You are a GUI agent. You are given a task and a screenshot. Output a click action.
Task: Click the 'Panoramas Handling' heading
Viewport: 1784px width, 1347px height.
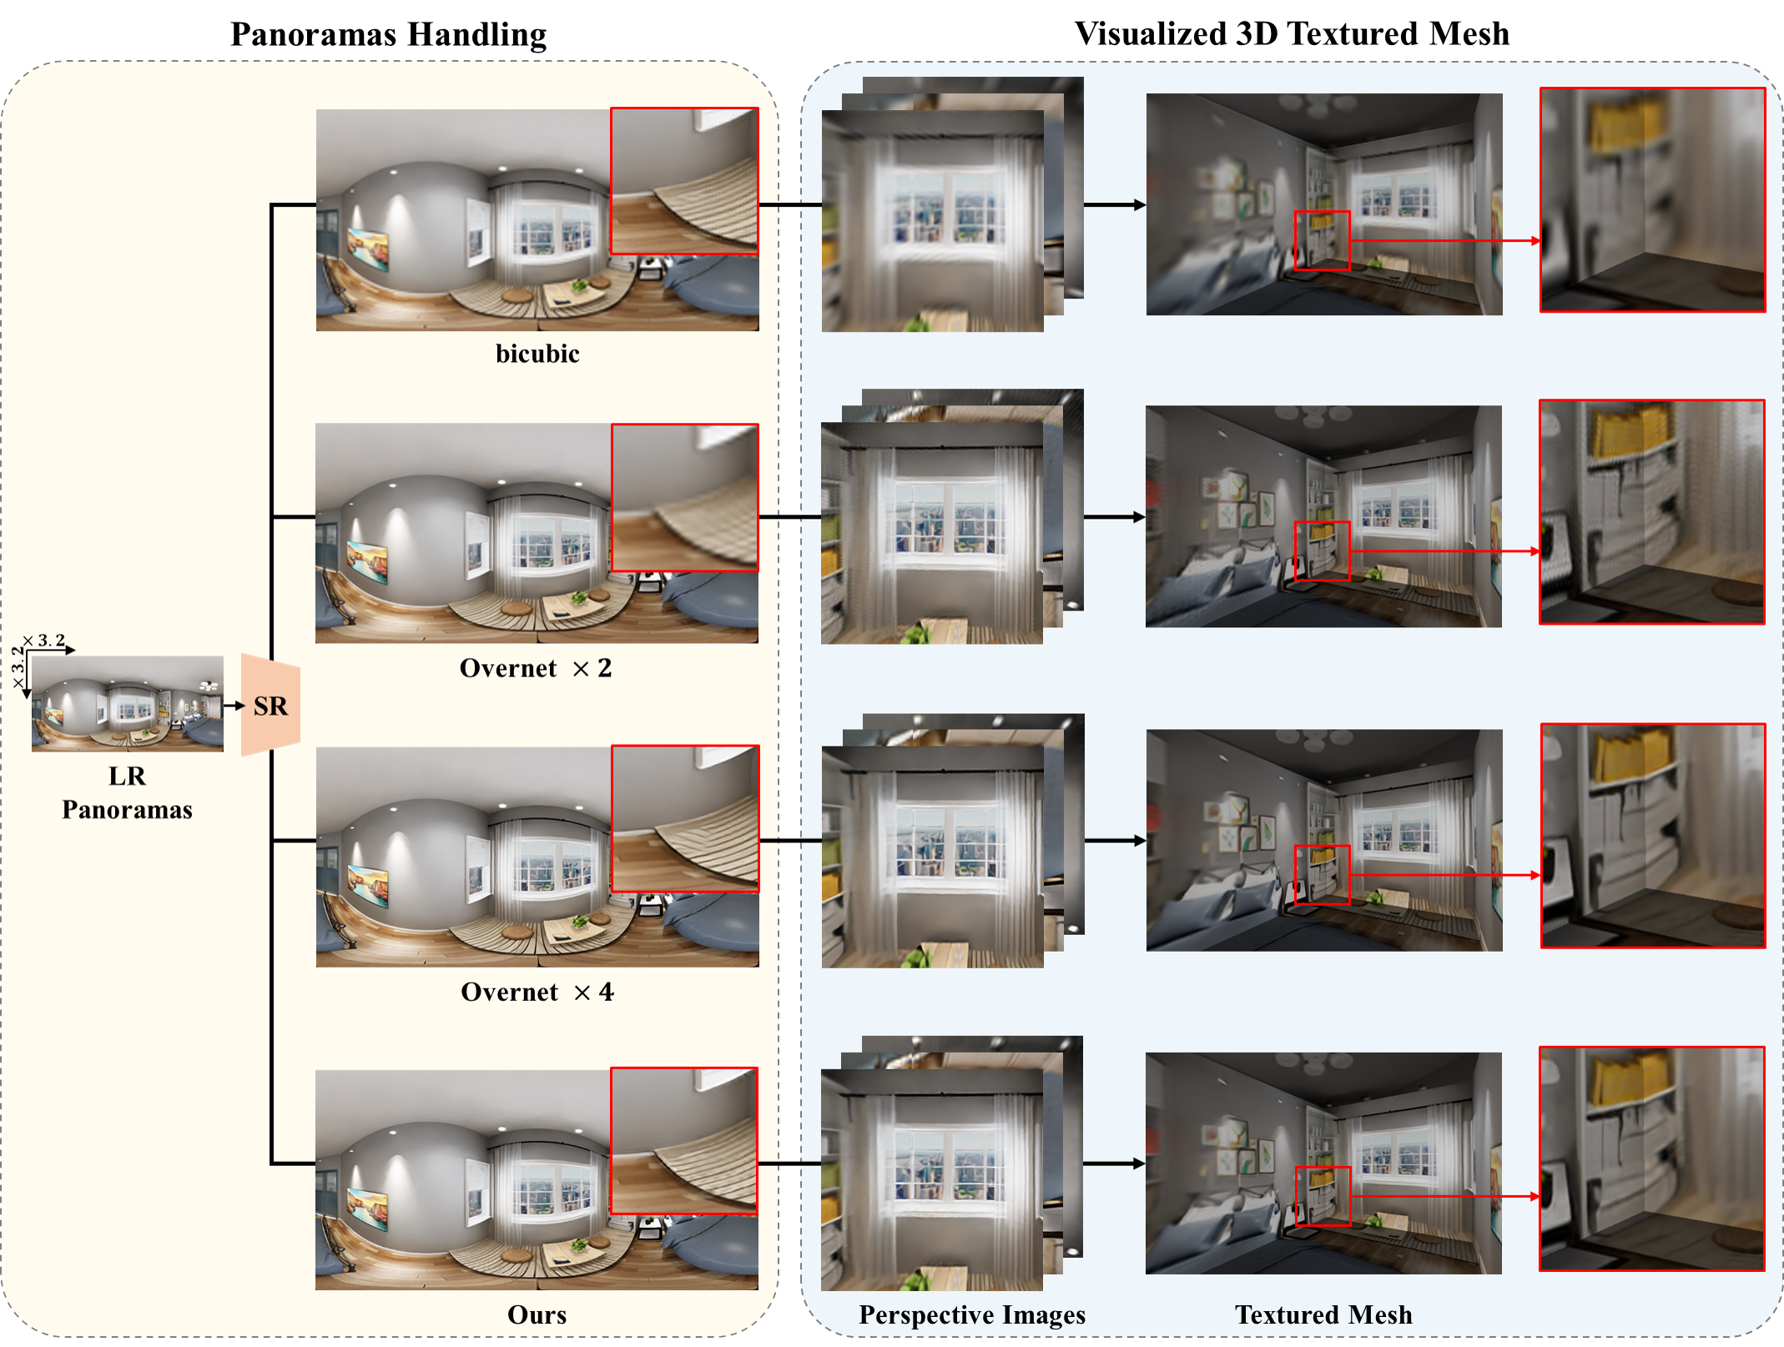[x=388, y=34]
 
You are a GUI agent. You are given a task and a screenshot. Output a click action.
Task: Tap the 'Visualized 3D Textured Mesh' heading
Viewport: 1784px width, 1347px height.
[x=1291, y=33]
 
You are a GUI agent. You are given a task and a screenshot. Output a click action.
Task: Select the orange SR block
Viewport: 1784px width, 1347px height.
[x=270, y=706]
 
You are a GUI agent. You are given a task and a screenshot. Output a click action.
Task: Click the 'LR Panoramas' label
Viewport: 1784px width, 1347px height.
[x=127, y=792]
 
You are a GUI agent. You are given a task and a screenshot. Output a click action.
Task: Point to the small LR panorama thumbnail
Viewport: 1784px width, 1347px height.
[x=127, y=703]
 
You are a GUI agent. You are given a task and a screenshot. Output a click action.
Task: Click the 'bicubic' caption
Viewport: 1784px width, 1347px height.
[x=537, y=354]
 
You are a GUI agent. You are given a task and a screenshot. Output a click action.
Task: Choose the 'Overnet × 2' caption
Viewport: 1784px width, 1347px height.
[x=535, y=668]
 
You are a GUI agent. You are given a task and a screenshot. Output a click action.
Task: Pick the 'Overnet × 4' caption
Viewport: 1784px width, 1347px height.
[x=537, y=992]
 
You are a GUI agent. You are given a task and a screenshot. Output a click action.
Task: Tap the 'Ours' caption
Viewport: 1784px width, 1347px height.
[x=537, y=1314]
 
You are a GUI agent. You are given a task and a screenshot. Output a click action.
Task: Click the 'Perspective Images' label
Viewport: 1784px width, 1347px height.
[x=972, y=1314]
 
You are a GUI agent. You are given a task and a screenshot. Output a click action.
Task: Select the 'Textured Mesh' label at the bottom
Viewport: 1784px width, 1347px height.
[x=1323, y=1314]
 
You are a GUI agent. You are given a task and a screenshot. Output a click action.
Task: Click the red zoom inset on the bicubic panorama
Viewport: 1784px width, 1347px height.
[x=684, y=180]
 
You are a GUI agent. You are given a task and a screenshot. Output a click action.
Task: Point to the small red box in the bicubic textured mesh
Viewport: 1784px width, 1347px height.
[x=1322, y=240]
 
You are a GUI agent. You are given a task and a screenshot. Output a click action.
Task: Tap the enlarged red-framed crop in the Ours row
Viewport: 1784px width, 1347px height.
[x=1651, y=1159]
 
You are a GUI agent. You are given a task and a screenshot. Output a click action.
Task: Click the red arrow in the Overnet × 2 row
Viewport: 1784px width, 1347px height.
[x=1444, y=551]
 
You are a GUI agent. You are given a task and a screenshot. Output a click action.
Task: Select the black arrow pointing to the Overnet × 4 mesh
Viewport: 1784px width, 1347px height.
[x=1115, y=841]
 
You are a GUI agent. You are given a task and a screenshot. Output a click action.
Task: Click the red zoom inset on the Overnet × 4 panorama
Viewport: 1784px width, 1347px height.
[x=685, y=818]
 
